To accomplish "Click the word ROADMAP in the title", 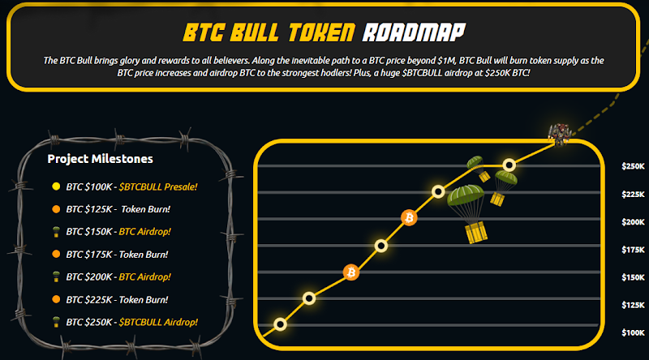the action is tap(414, 32).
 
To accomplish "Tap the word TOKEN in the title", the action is tap(321, 32).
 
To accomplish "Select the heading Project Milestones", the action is tap(100, 159).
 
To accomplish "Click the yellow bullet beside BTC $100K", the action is tap(56, 186).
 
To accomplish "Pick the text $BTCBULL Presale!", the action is tap(158, 186).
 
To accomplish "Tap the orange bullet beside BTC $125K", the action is tap(56, 209).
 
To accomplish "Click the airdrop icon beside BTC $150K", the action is tap(56, 232).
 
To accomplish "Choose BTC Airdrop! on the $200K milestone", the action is tap(145, 276).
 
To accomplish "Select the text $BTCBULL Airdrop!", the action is tap(158, 322).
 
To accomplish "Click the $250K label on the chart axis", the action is tap(633, 166).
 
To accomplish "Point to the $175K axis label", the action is tap(633, 250).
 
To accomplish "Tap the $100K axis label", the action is tap(633, 332).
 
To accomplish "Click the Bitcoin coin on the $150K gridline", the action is tap(351, 272).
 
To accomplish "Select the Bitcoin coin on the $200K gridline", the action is tap(409, 217).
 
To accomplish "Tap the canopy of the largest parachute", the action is tap(466, 195).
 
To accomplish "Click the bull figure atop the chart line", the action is tap(560, 134).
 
